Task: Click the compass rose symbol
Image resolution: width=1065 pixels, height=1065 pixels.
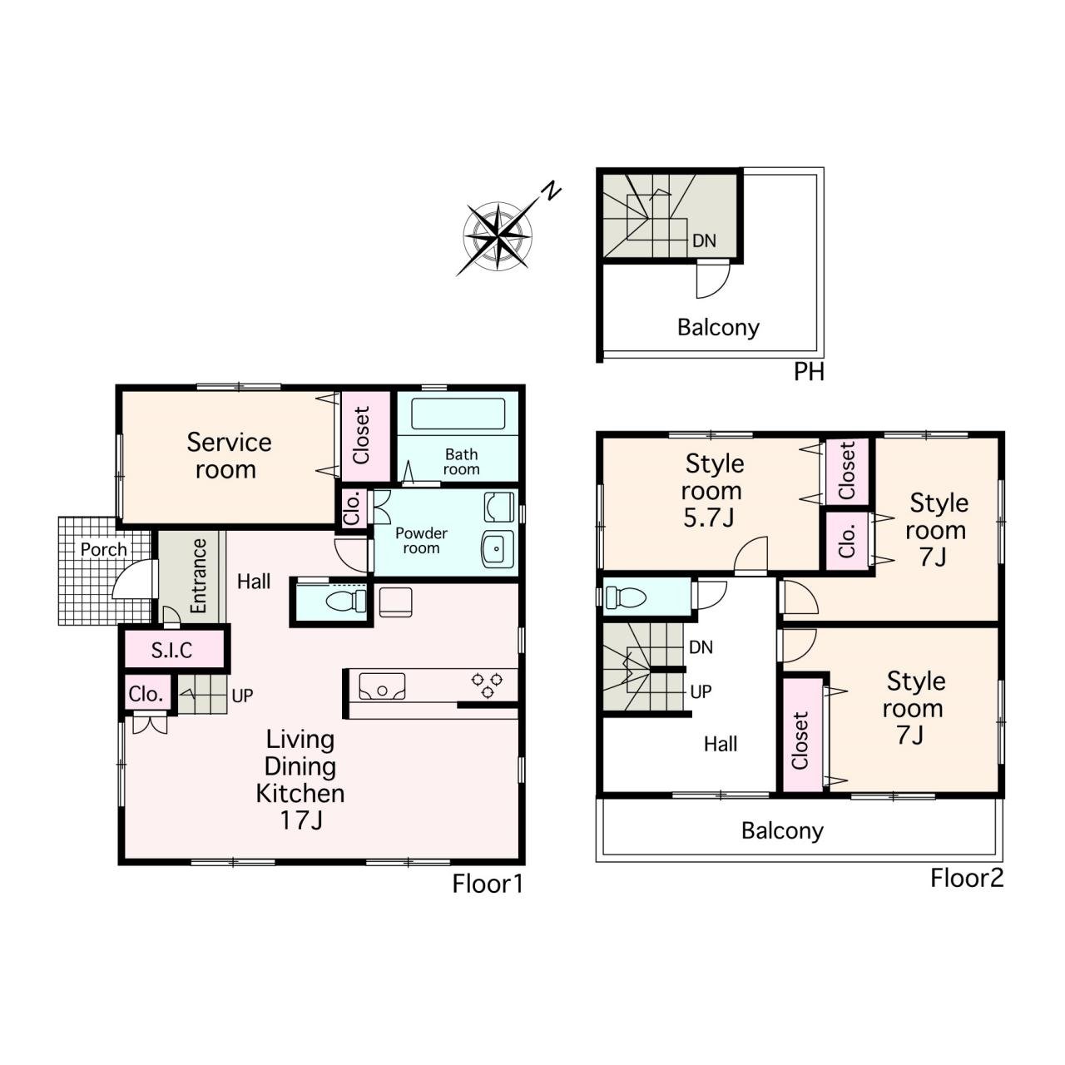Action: (498, 237)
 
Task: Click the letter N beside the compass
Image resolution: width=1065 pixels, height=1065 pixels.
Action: (551, 191)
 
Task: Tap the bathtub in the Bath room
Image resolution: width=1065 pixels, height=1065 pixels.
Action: (458, 414)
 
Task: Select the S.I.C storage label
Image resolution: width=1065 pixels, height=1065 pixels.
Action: (172, 651)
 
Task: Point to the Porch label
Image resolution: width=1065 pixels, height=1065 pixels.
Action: (103, 549)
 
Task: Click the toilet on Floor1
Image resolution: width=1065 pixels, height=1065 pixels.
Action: (346, 602)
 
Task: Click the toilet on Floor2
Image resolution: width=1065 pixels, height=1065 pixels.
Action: (627, 597)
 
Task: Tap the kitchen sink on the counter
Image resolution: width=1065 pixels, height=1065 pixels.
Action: (382, 687)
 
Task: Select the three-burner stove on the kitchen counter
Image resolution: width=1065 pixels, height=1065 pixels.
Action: (488, 685)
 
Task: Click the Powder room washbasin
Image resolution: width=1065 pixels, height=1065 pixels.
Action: (498, 549)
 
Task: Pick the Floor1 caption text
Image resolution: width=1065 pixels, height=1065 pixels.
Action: (488, 884)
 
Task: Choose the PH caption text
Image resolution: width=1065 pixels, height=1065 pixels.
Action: (809, 372)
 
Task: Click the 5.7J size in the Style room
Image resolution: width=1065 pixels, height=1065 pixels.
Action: (709, 518)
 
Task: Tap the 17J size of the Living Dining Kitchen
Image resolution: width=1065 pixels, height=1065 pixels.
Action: (301, 820)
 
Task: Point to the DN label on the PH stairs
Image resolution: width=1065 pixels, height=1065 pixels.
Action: (704, 240)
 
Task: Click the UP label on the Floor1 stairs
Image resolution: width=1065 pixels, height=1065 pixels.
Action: (243, 696)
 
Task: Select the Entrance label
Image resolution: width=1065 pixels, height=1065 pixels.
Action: (198, 576)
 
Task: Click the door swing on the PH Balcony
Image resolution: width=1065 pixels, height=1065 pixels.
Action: (713, 280)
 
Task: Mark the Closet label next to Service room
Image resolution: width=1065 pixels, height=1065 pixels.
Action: (361, 435)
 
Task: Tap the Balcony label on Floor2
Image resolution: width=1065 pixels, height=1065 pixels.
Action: (782, 831)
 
